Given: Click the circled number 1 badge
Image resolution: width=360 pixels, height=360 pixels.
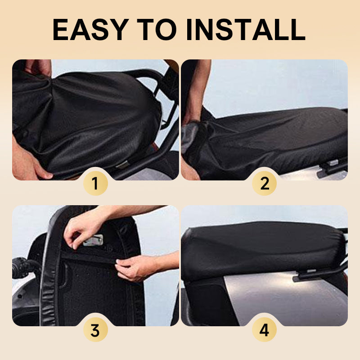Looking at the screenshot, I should tap(95, 183).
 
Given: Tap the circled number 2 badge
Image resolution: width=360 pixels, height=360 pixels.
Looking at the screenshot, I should tap(264, 183).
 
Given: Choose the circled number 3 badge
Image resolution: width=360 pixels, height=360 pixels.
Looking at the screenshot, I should tap(95, 330).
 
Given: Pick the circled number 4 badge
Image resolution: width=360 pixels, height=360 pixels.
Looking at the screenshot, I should tap(264, 330).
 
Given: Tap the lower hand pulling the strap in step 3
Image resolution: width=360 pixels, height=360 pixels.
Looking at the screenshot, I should tap(135, 268).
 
